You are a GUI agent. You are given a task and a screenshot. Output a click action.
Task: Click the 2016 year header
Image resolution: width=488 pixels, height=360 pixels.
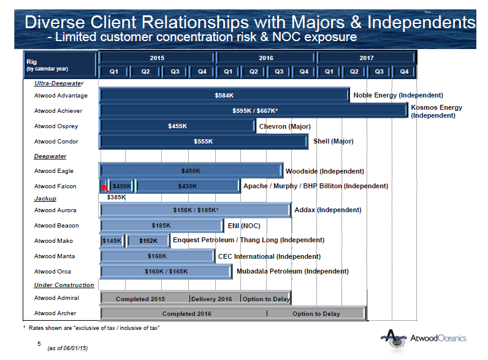tap(265, 58)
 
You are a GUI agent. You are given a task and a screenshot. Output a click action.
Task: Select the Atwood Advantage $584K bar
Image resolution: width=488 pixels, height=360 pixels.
tap(224, 96)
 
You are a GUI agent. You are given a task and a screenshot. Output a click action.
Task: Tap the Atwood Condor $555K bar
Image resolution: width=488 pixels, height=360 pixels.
tap(203, 142)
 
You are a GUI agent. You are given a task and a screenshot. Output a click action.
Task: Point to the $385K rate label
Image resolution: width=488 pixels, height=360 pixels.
tap(116, 197)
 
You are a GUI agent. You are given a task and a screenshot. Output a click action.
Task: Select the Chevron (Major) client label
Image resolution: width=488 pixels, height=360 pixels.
tap(284, 126)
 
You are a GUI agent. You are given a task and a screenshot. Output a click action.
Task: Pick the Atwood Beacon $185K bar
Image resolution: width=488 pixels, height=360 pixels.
tap(161, 226)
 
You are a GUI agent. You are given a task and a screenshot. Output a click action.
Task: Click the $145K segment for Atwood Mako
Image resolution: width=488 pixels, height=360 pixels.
tap(112, 241)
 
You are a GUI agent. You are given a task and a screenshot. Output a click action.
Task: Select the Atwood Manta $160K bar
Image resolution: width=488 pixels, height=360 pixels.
tap(157, 256)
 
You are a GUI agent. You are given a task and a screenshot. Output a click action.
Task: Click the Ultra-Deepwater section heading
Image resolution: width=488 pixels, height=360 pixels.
tap(59, 83)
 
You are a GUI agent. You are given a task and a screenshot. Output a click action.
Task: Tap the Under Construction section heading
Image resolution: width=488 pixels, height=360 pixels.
tap(64, 285)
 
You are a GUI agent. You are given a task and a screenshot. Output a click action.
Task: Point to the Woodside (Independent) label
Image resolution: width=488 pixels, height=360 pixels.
tap(324, 171)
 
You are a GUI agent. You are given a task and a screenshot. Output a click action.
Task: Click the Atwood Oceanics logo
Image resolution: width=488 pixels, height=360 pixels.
tap(423, 338)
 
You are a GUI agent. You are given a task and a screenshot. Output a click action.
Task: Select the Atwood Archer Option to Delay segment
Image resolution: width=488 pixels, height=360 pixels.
tap(316, 313)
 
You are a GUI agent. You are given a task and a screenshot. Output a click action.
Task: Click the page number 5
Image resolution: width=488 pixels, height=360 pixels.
tap(39, 343)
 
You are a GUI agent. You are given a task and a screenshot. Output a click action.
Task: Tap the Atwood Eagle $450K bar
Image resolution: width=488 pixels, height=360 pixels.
tap(191, 171)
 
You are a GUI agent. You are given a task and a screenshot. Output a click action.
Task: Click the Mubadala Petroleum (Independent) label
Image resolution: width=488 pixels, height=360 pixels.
tap(292, 271)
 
